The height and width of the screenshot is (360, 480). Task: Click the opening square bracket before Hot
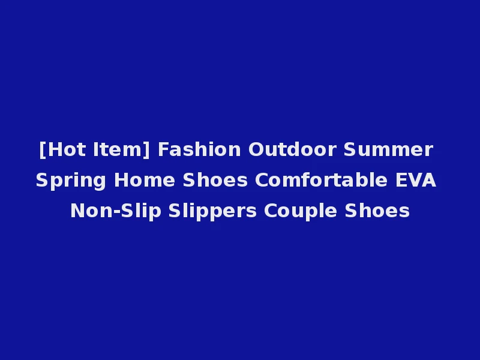[x=42, y=149]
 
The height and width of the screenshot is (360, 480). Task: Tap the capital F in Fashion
[x=163, y=149]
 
